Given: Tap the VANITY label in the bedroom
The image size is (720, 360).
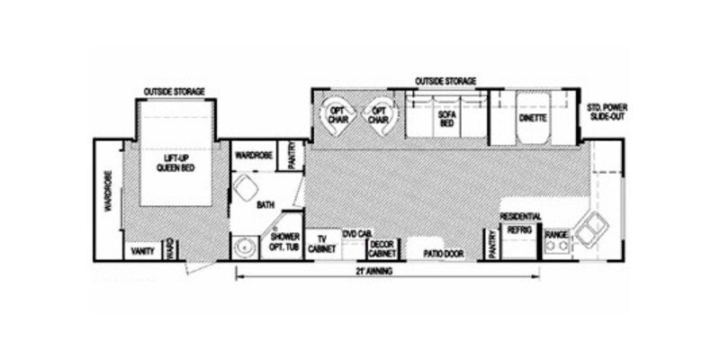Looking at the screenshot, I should pyautogui.click(x=140, y=251).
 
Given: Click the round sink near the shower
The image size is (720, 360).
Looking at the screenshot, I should pyautogui.click(x=243, y=246).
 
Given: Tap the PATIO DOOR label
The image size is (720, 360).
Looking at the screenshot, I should pyautogui.click(x=445, y=255).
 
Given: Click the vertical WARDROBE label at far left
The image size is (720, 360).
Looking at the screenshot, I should pyautogui.click(x=105, y=190).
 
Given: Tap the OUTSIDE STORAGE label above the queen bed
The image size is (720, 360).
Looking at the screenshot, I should pyautogui.click(x=175, y=91).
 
